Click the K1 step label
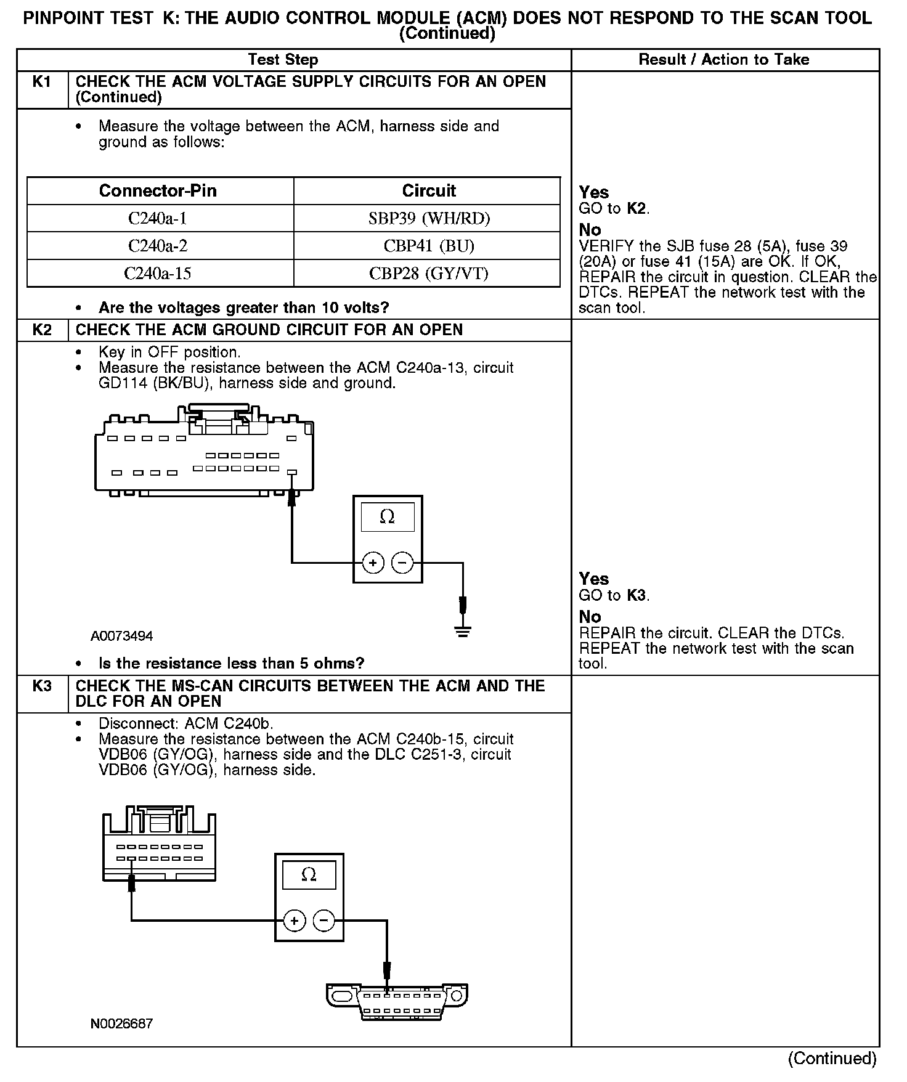pos(41,82)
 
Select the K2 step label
pos(41,330)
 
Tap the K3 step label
pos(41,686)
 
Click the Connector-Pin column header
pos(158,191)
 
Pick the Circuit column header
pos(429,191)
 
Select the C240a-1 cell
pos(158,219)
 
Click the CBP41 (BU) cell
pos(429,246)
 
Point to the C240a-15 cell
pos(158,273)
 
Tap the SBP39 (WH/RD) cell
pos(429,219)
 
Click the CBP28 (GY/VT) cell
pos(429,273)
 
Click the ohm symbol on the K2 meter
pos(387,516)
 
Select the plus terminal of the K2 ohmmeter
pos(373,563)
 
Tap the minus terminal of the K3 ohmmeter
pos(324,921)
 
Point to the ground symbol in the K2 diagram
pos(463,631)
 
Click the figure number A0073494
pos(121,636)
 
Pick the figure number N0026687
pos(121,1024)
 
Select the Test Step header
pos(283,60)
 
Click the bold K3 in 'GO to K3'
pos(637,596)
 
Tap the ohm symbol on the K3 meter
pos(309,874)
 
